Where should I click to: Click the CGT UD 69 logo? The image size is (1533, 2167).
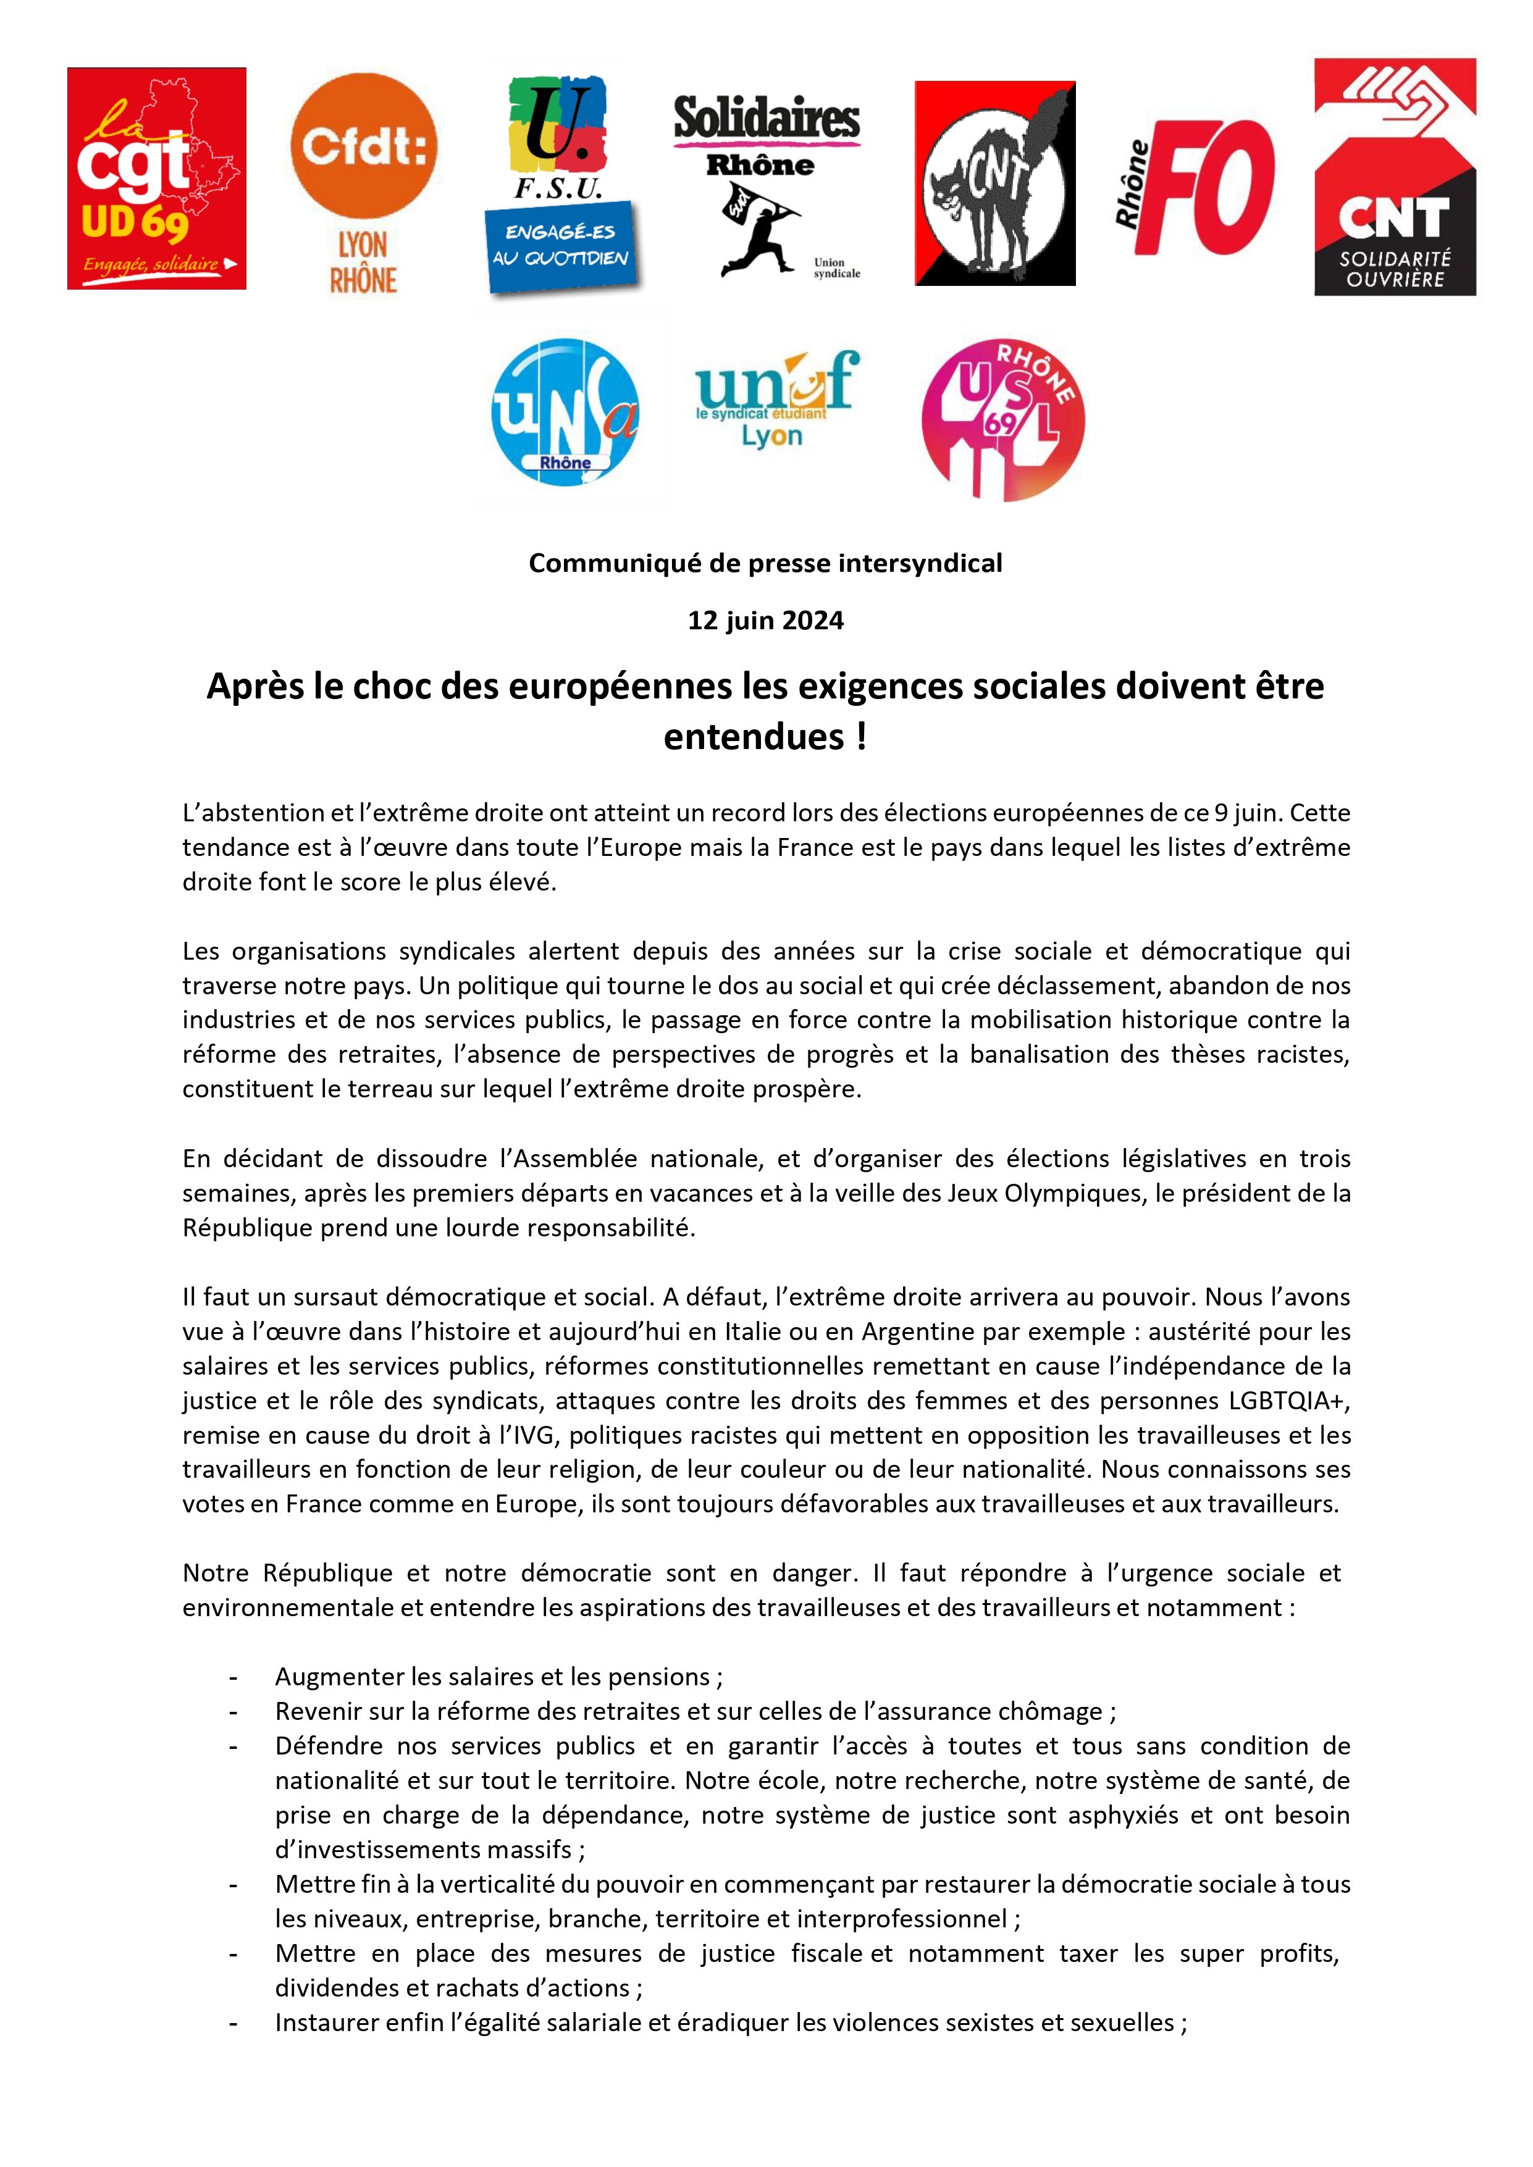tap(157, 178)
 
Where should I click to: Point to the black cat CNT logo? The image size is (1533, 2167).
tap(995, 183)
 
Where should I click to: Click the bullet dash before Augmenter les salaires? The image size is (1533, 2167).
tap(232, 1677)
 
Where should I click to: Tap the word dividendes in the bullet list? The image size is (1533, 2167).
tap(331, 1988)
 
